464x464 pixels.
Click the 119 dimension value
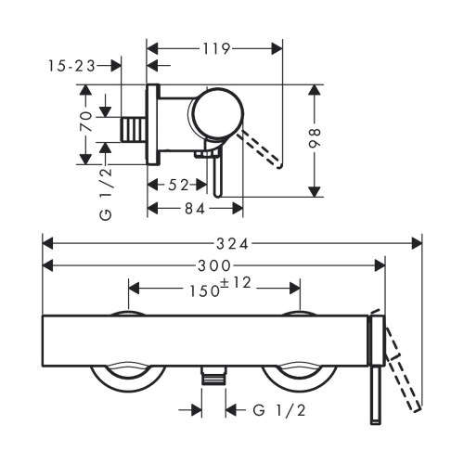pos(215,46)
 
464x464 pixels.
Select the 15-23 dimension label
pos(70,65)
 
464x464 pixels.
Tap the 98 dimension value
pos(316,139)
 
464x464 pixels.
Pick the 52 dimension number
pos(181,186)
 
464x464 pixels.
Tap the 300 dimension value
pos(214,264)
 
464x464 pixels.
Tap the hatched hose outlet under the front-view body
pos(213,375)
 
